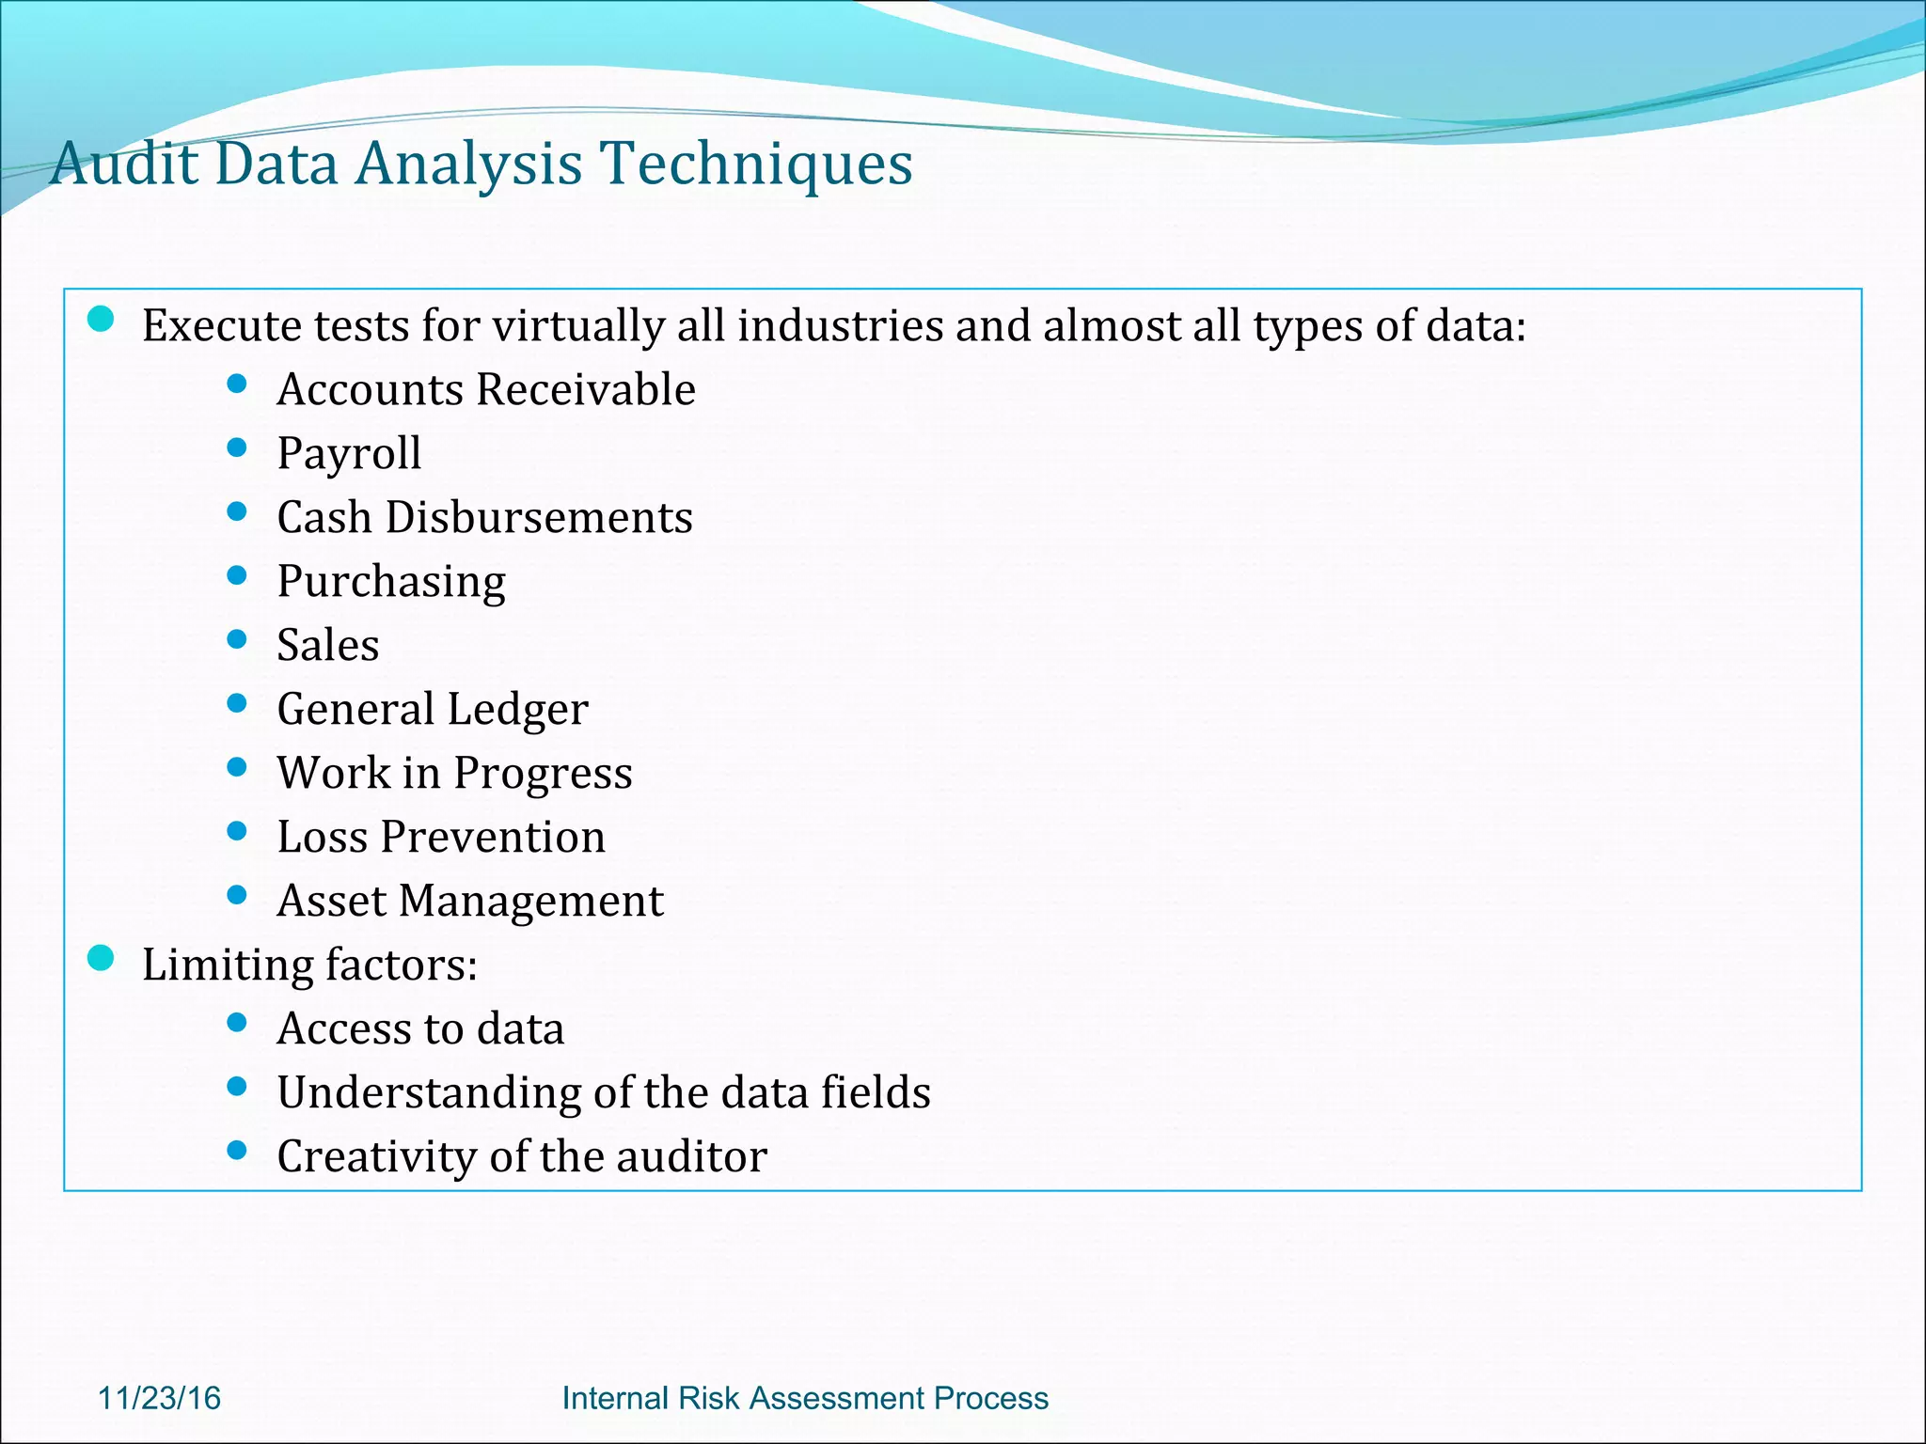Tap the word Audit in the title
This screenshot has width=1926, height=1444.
pos(124,164)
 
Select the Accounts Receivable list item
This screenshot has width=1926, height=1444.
pos(485,389)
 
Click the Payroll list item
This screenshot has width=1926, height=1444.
pos(349,454)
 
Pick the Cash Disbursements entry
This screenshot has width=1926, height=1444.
pos(484,517)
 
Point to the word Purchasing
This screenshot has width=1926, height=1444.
pos(390,582)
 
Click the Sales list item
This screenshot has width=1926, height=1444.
pos(327,645)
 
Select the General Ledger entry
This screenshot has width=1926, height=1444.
pos(432,709)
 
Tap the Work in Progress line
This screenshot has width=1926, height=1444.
pos(454,773)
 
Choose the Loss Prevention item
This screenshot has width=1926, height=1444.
pos(440,837)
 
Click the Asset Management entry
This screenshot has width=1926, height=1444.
pos(469,901)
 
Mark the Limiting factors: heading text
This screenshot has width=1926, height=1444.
pos(309,965)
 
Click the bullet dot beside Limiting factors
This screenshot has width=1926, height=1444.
pos(100,958)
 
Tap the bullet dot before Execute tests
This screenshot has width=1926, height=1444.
pos(100,319)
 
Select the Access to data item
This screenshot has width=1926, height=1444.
pos(419,1028)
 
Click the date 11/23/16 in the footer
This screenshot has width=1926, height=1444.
pos(159,1398)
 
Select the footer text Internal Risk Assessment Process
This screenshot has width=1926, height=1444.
pos(804,1398)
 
